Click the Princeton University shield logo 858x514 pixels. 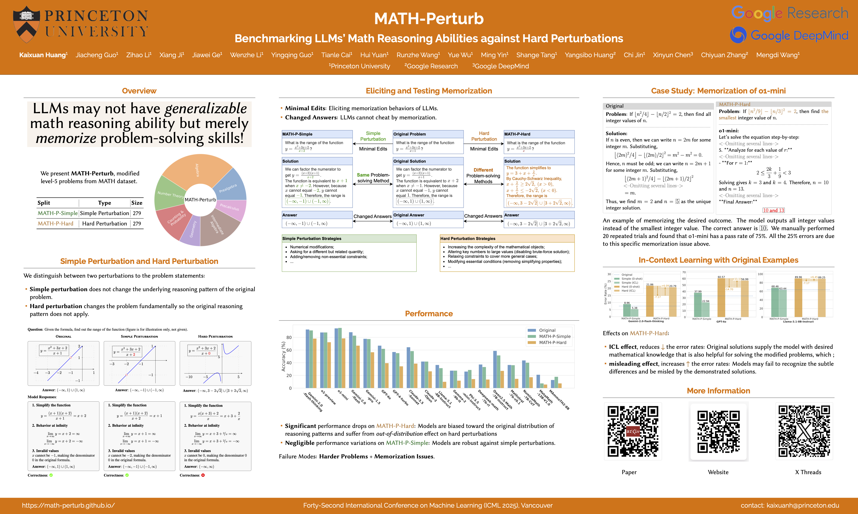pos(26,24)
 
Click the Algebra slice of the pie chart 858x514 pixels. pos(197,170)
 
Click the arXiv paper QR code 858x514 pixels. pos(633,431)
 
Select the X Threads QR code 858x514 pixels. pos(804,431)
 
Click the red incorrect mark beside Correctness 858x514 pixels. pos(203,475)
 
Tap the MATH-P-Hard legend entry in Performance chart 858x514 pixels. pos(552,343)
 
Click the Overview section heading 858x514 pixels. pos(139,91)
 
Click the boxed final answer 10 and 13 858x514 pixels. pos(774,210)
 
